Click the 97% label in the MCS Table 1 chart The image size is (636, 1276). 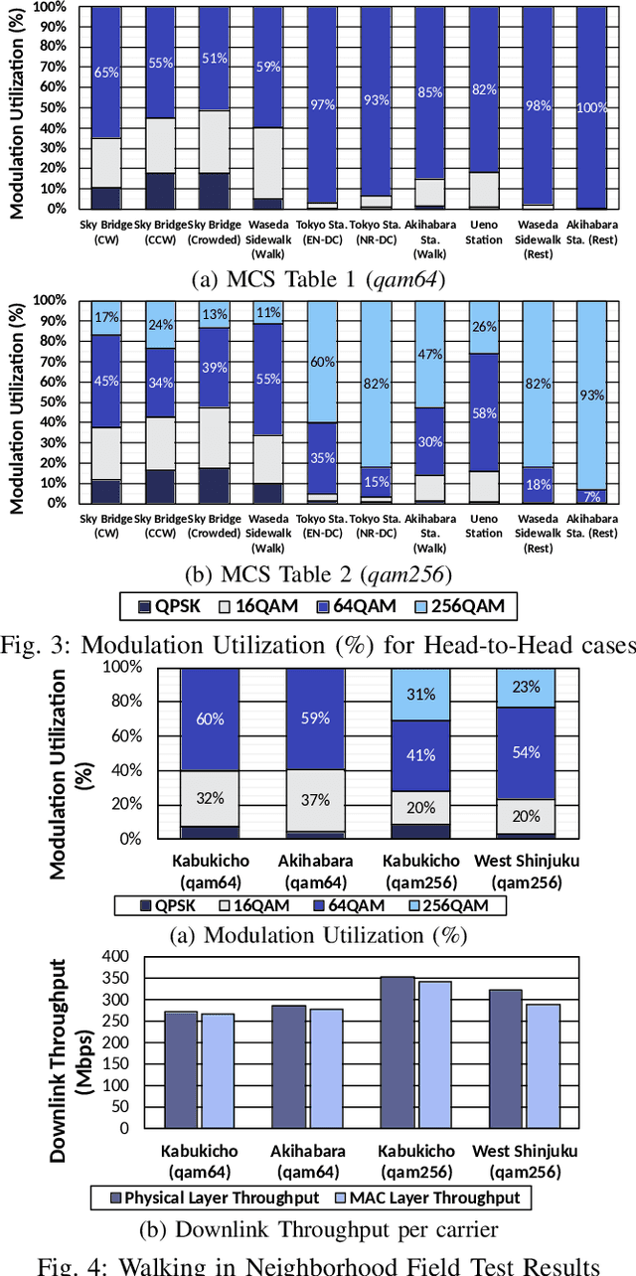(321, 105)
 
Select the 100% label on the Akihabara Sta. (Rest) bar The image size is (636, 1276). (591, 107)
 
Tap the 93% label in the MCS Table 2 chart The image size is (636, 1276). (591, 395)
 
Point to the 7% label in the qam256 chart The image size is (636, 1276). (591, 496)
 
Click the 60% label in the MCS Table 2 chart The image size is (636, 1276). (321, 362)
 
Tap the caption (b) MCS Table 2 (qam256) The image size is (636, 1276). (318, 573)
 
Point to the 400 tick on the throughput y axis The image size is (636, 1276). (116, 956)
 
